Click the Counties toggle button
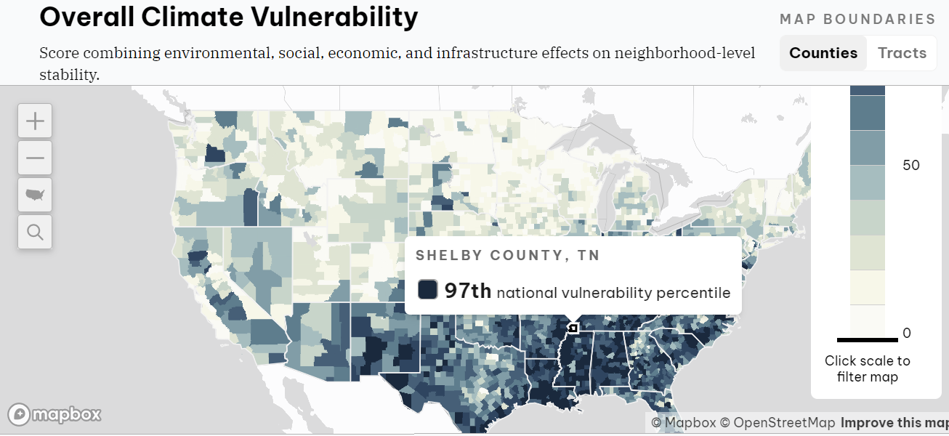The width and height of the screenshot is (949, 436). [823, 53]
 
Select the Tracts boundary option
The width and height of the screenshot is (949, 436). [902, 53]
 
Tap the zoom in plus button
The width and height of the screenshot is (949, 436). [35, 121]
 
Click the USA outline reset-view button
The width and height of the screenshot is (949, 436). [35, 195]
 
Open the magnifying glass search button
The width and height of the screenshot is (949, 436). [35, 232]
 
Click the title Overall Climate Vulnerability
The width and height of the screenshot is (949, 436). [229, 17]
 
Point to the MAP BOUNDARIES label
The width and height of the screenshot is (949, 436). [857, 20]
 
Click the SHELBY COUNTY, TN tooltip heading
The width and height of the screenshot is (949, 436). [508, 256]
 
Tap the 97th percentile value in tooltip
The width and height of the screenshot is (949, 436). [468, 291]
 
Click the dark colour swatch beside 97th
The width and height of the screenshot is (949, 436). [427, 289]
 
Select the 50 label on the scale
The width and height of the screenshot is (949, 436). [910, 165]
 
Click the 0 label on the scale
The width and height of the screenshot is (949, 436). [906, 334]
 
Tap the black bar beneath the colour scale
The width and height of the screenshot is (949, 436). [867, 339]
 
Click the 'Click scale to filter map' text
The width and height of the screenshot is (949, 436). [867, 368]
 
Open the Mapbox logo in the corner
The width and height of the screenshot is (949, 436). [54, 414]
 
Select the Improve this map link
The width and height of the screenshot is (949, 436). [894, 423]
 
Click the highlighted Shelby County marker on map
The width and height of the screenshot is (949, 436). [573, 328]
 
